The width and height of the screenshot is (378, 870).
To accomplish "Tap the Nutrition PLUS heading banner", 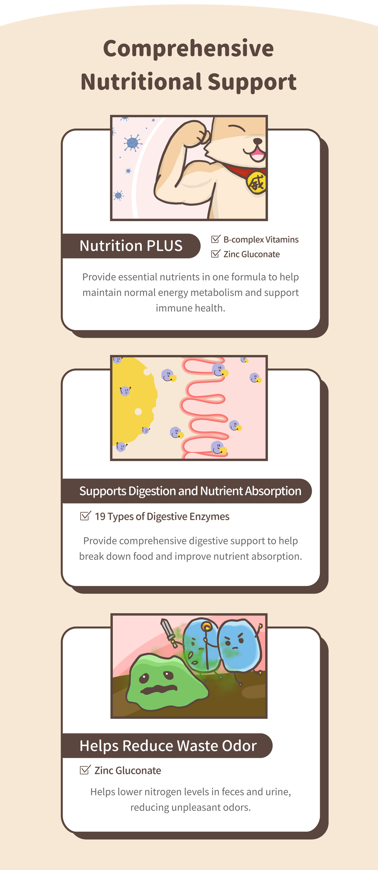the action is pyautogui.click(x=131, y=246).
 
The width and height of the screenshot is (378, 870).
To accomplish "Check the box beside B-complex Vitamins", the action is pyautogui.click(x=216, y=239).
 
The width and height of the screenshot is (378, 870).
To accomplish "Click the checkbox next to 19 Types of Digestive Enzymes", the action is pyautogui.click(x=85, y=516).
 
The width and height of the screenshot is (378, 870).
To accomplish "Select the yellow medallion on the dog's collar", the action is pyautogui.click(x=257, y=183).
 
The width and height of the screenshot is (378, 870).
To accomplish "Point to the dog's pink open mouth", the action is pyautogui.click(x=258, y=155).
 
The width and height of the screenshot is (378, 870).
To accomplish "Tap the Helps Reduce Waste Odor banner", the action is pyautogui.click(x=167, y=746).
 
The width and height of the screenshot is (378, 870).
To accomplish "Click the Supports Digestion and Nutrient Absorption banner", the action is pyautogui.click(x=187, y=491).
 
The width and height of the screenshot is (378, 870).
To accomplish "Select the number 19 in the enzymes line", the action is pyautogui.click(x=100, y=517).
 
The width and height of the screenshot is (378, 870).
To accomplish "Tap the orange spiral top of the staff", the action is pyautogui.click(x=206, y=627).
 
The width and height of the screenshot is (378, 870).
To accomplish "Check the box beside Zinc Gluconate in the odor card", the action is pyautogui.click(x=85, y=770).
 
